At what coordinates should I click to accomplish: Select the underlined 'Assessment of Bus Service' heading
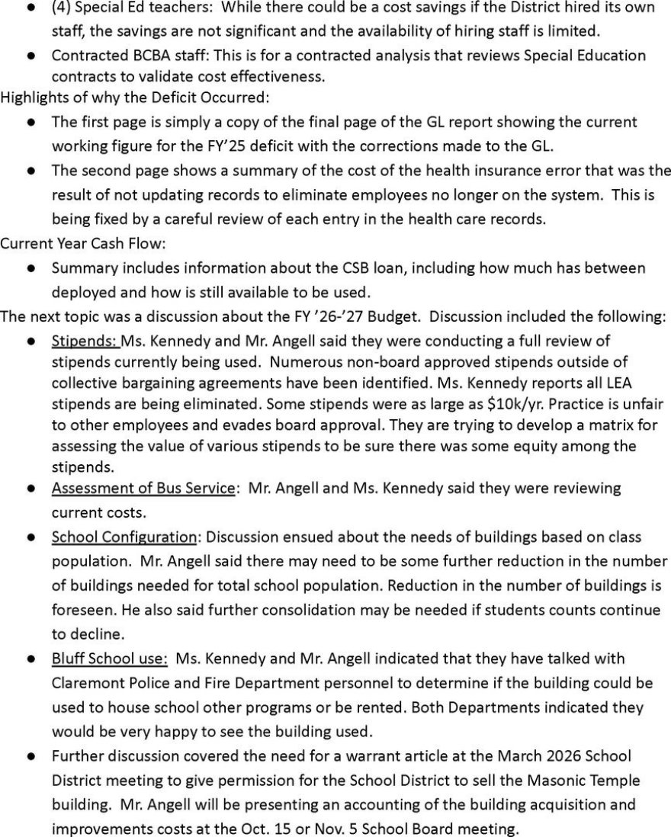[x=143, y=487]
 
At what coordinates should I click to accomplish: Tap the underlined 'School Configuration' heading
[x=124, y=537]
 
